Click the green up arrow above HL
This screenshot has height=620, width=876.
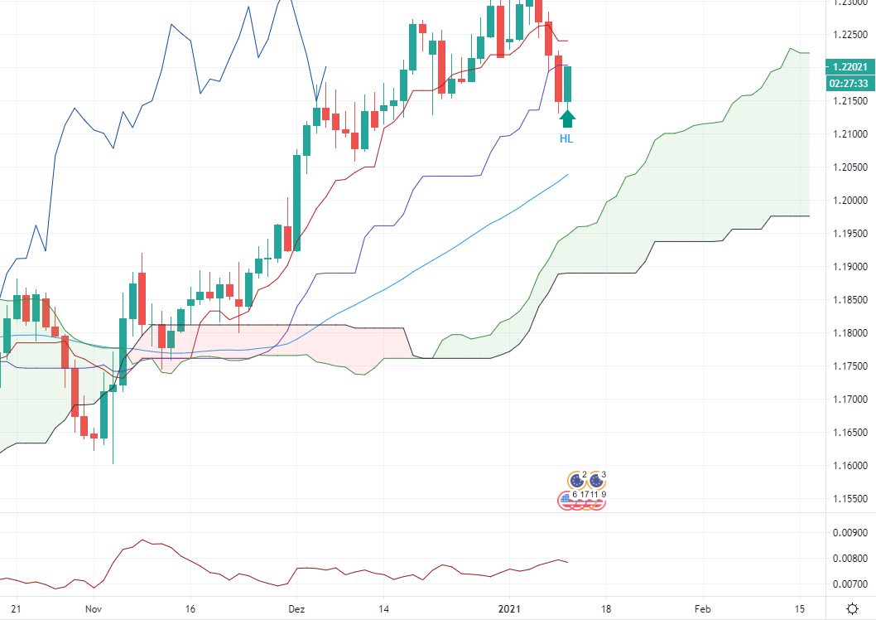[567, 118]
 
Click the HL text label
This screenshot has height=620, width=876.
[566, 139]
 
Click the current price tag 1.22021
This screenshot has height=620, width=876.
[850, 67]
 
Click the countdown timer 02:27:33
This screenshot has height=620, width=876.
[850, 83]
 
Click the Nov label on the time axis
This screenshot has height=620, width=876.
[94, 608]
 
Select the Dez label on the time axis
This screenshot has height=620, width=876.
[296, 608]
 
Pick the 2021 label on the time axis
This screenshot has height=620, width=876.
[509, 608]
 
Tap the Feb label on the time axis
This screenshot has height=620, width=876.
[703, 608]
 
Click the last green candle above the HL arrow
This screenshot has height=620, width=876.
[568, 84]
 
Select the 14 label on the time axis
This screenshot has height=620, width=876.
[383, 608]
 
